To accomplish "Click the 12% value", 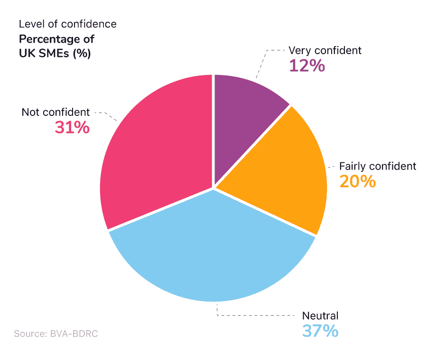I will [x=307, y=66].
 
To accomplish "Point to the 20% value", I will [x=357, y=181].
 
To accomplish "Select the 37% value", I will [x=320, y=331].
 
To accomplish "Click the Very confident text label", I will [x=325, y=50].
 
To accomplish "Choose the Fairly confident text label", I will [x=377, y=166].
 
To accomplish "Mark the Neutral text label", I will [x=320, y=316].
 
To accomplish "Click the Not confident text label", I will [x=56, y=112].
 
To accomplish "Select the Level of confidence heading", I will [x=67, y=24].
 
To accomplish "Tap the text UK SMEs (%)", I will [x=55, y=53].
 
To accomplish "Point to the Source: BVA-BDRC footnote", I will [x=56, y=334].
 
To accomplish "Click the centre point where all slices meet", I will [x=213, y=189].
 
